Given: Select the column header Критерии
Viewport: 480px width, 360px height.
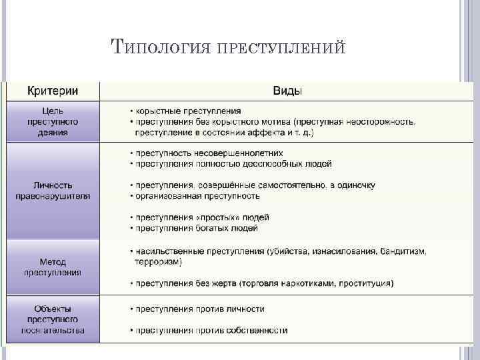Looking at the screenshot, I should (x=53, y=91).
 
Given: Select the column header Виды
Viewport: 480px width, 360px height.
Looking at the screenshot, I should (x=286, y=91).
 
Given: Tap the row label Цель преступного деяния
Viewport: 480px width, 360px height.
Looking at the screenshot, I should (x=53, y=122).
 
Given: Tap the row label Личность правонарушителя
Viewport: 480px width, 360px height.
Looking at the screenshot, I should (x=53, y=191).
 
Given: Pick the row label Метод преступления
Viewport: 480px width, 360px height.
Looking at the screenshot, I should (x=53, y=267).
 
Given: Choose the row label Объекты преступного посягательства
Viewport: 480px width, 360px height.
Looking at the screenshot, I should (x=53, y=319).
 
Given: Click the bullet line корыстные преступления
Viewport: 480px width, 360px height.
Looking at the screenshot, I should (x=189, y=111).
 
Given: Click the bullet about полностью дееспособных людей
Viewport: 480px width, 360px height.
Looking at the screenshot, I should (x=233, y=163).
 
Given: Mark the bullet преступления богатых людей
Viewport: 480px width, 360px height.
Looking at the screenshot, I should (x=197, y=228).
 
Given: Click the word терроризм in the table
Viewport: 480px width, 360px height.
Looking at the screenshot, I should (x=157, y=262).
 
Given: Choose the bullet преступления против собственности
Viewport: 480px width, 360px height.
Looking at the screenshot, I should (x=211, y=330).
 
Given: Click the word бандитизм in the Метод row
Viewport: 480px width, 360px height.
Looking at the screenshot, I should (x=403, y=251).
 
